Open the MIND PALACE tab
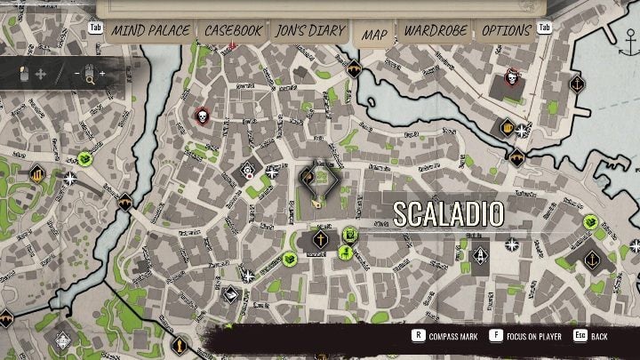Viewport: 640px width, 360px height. point(150,30)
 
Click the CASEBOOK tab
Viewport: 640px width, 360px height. point(233,30)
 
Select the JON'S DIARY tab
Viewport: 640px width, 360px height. point(308,30)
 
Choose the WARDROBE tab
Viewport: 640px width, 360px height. point(436,30)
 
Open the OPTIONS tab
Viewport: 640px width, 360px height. point(506,30)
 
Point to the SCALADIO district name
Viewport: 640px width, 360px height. point(448,213)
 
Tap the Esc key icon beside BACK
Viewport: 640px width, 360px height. point(579,336)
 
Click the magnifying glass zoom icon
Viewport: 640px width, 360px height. point(89,73)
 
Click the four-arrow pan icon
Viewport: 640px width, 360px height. point(40,73)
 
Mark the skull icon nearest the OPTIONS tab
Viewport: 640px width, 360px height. point(512,77)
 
